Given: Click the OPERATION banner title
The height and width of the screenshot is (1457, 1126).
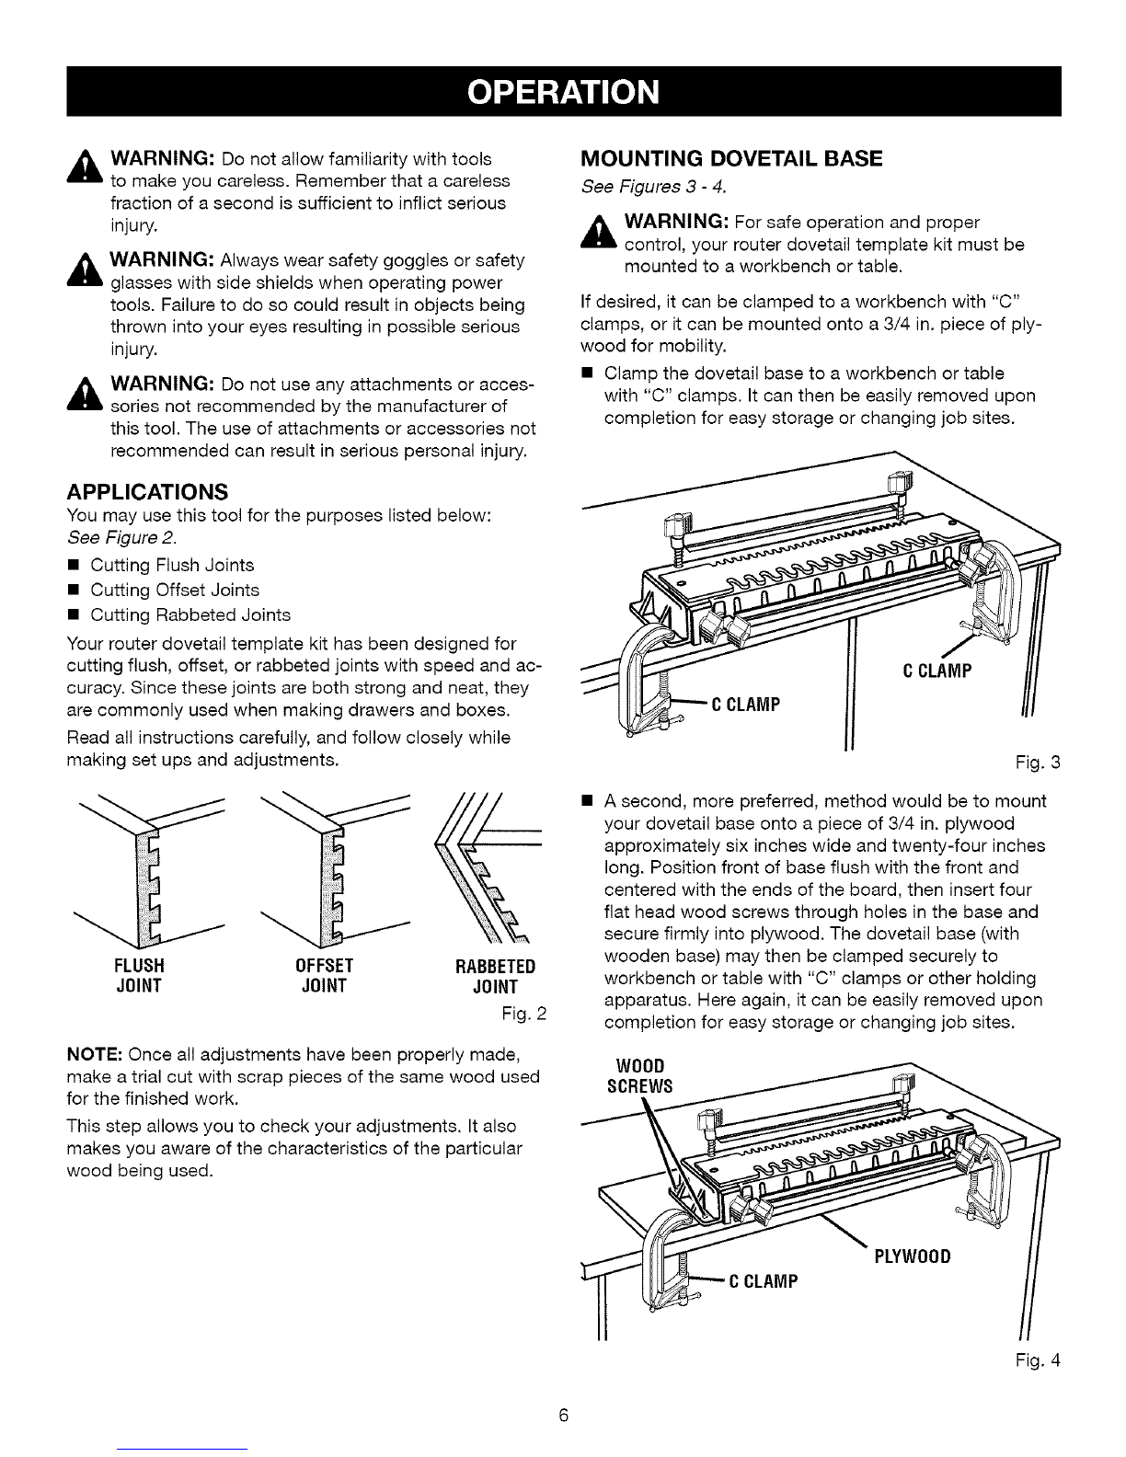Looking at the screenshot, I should [564, 93].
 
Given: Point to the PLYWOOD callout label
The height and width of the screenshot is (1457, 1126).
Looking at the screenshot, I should [909, 1256].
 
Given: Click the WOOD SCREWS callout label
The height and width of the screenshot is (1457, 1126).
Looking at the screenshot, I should [635, 1074].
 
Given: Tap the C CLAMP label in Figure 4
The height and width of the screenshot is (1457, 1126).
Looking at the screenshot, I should [763, 1281].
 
